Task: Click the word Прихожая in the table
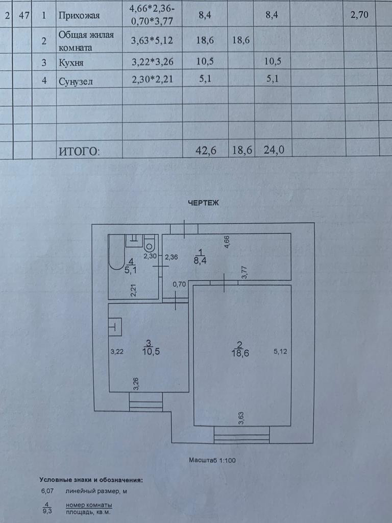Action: (79, 16)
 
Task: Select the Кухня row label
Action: (70, 63)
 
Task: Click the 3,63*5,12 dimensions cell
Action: (152, 42)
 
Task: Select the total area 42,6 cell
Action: (205, 150)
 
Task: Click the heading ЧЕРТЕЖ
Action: (204, 203)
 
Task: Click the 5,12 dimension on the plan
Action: (281, 351)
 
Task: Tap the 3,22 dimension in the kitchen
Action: (118, 351)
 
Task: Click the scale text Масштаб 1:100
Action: (212, 460)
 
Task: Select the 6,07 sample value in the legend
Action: (47, 491)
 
